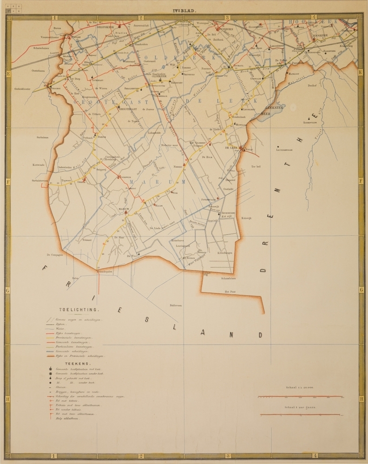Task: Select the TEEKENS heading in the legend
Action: tap(68, 364)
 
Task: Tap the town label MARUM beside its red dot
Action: tap(123, 210)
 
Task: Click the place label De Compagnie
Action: tap(54, 254)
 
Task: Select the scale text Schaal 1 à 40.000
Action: tap(300, 387)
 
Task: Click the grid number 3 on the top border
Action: tap(227, 18)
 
